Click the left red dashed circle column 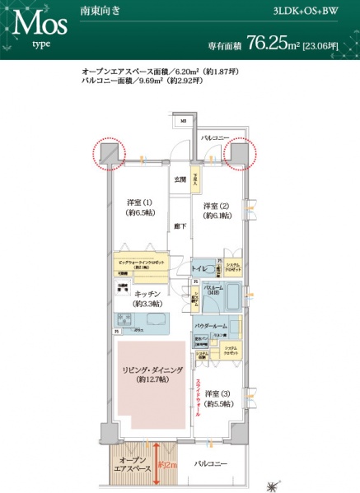pos(106,154)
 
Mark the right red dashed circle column pos(241,154)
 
